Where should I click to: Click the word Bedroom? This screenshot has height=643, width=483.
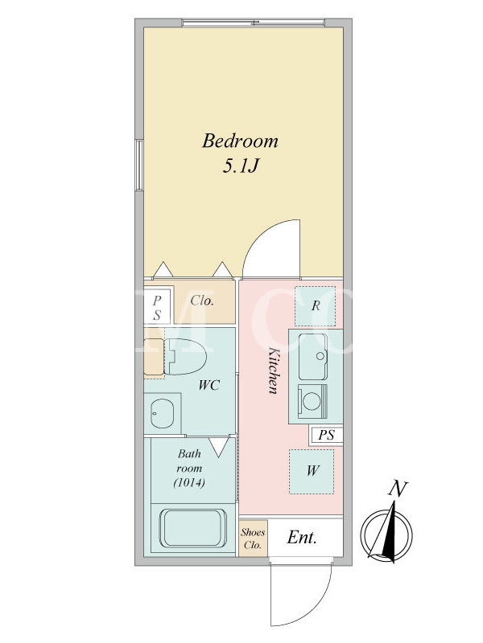coord(240,141)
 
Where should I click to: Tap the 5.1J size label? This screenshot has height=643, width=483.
coord(240,166)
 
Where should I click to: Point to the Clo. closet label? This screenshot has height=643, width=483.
coord(202,301)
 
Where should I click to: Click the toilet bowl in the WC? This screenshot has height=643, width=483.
coord(186,356)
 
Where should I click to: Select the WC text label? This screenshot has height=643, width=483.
coord(209,385)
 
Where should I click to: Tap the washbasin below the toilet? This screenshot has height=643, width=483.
coord(163,413)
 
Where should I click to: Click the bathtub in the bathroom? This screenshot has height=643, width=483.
coord(193,529)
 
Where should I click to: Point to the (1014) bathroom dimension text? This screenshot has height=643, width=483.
coord(189,483)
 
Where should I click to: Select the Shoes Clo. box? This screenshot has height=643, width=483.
coord(253,539)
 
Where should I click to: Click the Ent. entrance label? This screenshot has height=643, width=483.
coord(302,537)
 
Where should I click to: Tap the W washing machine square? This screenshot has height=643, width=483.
coord(312,471)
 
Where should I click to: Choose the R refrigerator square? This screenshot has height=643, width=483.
coord(316,306)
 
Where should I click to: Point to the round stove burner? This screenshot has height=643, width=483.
coord(312,400)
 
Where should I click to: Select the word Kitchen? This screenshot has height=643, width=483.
coord(274,371)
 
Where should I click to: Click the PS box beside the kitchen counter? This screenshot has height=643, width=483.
coord(327,435)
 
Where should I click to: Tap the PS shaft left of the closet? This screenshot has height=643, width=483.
coord(157,308)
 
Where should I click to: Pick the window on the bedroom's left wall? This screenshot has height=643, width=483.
coord(139,165)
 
